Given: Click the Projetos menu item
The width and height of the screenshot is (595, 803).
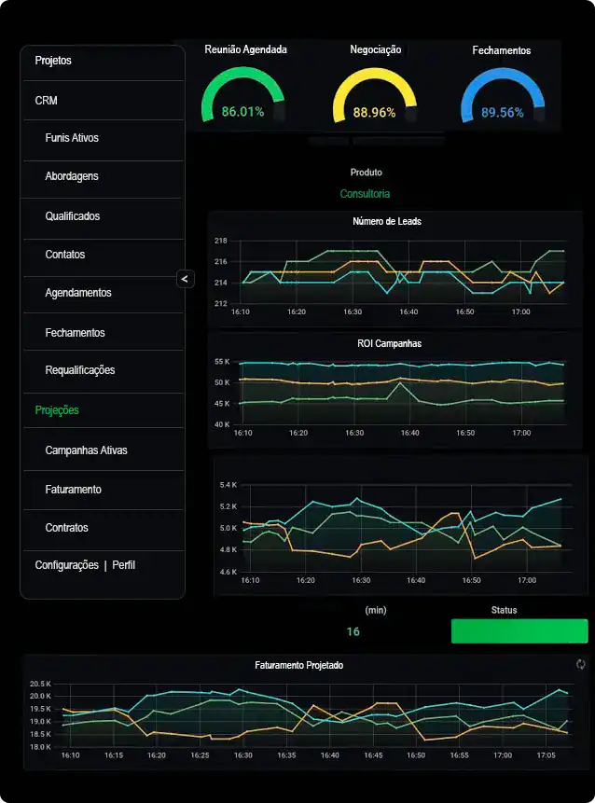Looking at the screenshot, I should coord(53,61).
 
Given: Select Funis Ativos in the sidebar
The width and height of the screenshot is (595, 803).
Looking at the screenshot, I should coord(72,138).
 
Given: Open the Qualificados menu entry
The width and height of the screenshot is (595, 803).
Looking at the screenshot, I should coord(73,216).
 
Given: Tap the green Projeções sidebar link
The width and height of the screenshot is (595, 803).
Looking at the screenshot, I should coord(57,410).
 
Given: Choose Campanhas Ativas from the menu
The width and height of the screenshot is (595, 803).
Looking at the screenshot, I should coord(86,450).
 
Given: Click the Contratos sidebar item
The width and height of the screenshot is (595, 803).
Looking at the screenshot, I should coord(67,528).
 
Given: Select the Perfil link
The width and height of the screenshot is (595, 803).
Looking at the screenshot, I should coord(124,565).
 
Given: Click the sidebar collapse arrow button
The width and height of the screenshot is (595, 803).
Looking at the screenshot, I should coord(185,278).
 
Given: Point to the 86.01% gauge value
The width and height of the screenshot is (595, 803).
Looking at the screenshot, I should coord(242,112).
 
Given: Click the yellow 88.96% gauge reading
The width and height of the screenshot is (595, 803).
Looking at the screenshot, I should coord(374,113).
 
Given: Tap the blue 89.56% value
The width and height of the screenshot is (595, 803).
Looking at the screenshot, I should coord(502,113).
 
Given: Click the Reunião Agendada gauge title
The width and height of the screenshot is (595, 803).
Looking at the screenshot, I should coord(246,49).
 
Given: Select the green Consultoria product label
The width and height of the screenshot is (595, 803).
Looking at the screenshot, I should coord(366,194).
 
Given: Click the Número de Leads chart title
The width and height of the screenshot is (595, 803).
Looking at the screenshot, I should coord(387,222).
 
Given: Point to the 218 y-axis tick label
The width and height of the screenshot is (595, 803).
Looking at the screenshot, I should coord(221,241).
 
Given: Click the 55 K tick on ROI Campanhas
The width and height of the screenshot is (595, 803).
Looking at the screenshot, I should coord(222,361).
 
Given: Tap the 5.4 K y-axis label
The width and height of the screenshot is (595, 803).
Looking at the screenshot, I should coord(229,485).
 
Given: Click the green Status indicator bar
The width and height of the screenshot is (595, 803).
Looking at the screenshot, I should coord(519,631).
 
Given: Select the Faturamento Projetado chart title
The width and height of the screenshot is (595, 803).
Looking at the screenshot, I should coord(298,666).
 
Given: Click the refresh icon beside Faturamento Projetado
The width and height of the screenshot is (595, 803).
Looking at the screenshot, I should coord(581,664).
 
